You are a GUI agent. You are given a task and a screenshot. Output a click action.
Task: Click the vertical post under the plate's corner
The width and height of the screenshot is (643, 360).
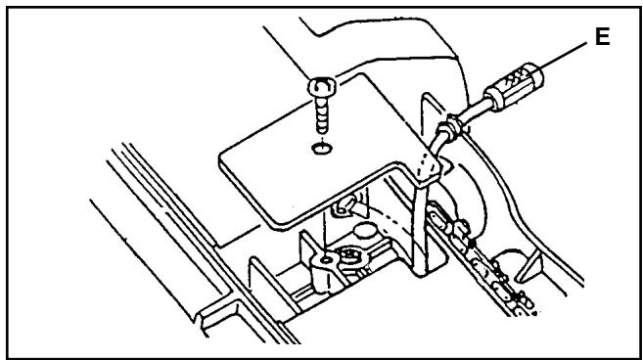pos(421,235)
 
